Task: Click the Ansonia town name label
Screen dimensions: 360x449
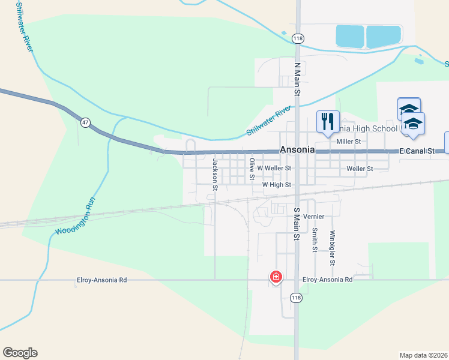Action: pos(297,150)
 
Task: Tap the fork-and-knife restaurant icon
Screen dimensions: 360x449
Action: pos(328,122)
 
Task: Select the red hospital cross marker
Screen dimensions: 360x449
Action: pos(276,277)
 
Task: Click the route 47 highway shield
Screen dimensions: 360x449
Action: pos(86,122)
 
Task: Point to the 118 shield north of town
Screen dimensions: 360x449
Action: pos(298,38)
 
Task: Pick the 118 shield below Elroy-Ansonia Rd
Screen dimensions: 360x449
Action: pos(296,298)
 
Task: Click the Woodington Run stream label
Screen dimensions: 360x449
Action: pos(76,217)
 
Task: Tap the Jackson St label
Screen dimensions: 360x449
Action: pos(214,175)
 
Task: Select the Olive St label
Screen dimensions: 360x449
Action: pos(252,169)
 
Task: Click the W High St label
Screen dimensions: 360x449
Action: pos(276,185)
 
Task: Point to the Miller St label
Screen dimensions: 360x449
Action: pos(348,142)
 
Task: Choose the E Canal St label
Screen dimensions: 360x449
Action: pos(417,152)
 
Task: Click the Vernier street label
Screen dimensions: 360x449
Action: pos(314,216)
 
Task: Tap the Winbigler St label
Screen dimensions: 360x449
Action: pos(332,248)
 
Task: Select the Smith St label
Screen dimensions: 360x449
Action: pos(314,239)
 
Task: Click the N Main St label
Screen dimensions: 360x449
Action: pos(297,78)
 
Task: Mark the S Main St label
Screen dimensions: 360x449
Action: pos(297,224)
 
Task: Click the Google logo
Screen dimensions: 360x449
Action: pos(20,353)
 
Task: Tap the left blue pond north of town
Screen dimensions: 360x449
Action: pos(349,37)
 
